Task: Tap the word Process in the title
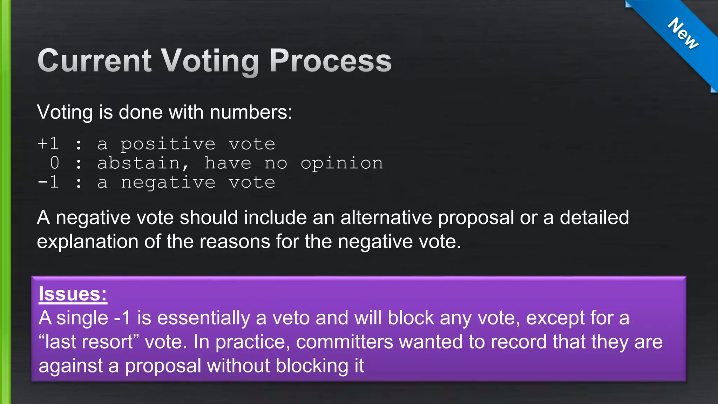coord(330,61)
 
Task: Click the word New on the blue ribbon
coord(683,34)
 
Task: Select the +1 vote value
coord(48,144)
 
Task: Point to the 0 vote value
coord(54,163)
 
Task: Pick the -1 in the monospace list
coord(48,182)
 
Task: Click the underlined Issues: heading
coord(73,294)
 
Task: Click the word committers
coord(344,342)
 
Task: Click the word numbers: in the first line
coord(251,113)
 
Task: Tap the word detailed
coord(594,217)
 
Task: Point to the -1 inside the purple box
coord(122,318)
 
